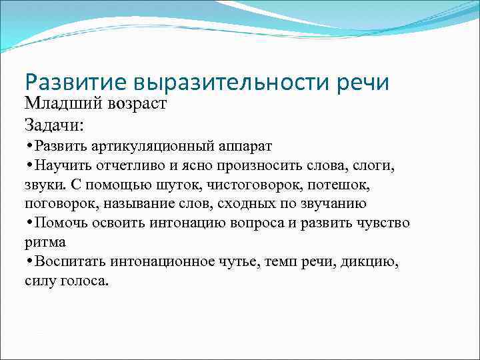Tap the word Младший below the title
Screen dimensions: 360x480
(59, 103)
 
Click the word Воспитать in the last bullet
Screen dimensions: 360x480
(69, 261)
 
